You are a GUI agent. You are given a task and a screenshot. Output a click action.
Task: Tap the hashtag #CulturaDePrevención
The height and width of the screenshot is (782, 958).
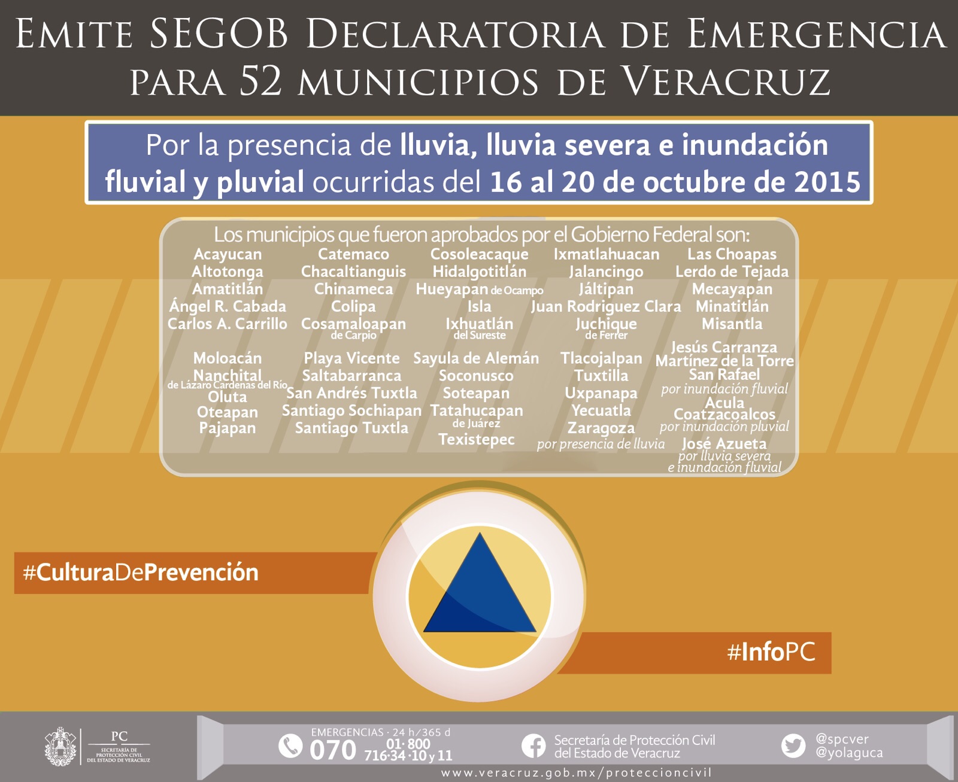(x=141, y=573)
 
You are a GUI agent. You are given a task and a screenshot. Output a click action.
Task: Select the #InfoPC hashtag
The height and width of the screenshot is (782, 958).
(x=771, y=652)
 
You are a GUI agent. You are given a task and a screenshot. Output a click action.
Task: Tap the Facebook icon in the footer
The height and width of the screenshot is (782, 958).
(x=533, y=746)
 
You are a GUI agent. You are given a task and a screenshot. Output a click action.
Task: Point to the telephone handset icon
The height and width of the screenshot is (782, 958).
(x=290, y=746)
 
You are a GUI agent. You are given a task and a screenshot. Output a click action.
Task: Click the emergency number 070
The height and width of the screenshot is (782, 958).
(x=332, y=750)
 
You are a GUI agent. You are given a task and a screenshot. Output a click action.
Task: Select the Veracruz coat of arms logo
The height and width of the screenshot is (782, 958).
(x=60, y=747)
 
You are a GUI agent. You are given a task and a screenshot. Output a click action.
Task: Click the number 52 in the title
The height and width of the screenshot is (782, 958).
(x=260, y=81)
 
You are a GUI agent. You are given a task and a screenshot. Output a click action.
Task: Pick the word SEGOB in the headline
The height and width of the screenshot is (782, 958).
(x=219, y=34)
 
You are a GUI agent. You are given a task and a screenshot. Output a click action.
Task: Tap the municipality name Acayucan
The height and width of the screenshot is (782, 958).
(x=228, y=254)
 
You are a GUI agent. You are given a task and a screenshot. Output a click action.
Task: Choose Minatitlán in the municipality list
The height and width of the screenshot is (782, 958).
(x=732, y=306)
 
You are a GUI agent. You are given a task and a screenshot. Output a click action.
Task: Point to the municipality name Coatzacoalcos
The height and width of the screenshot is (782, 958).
(x=724, y=415)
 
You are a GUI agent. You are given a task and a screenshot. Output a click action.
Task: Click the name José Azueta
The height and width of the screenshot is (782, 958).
(x=724, y=443)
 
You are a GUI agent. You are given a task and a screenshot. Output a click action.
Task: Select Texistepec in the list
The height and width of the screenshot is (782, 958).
(x=477, y=439)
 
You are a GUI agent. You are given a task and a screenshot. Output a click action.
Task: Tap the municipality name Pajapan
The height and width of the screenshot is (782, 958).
(x=228, y=428)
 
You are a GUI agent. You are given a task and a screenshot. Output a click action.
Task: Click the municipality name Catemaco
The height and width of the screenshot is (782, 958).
(x=353, y=254)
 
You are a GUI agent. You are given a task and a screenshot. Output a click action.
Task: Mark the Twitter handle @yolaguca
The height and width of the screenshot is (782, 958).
(x=849, y=753)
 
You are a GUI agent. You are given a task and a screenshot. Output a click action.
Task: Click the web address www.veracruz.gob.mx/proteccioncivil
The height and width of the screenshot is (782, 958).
(x=576, y=773)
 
